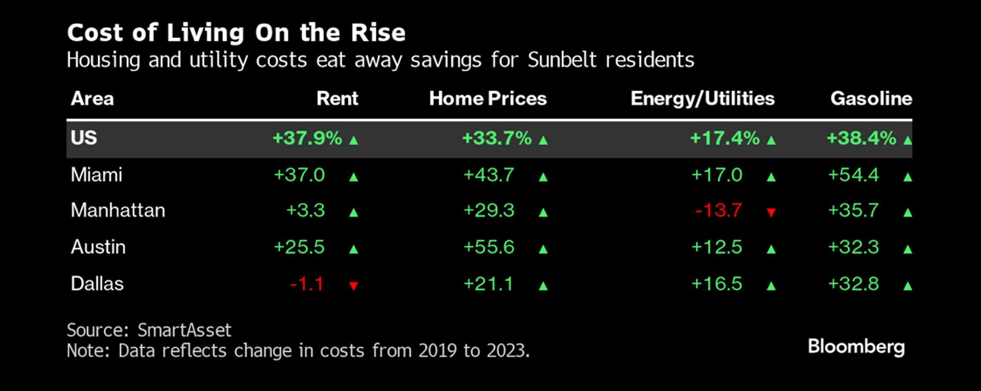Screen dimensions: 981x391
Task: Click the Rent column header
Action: [337, 99]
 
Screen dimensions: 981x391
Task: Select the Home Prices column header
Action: [488, 99]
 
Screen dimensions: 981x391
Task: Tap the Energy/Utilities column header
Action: [702, 99]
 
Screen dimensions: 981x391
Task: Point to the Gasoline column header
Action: [871, 99]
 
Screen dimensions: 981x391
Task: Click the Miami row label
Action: [96, 175]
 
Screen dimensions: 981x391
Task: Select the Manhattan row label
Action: [118, 210]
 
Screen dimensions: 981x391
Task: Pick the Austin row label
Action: [98, 247]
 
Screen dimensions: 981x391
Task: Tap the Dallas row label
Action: [97, 284]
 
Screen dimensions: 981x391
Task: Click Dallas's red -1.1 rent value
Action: [307, 284]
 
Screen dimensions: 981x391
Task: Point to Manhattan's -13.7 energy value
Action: [719, 211]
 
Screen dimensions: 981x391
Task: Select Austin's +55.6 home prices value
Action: [489, 247]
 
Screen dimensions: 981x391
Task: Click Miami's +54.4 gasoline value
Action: [854, 175]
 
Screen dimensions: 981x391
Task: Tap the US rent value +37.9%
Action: [307, 138]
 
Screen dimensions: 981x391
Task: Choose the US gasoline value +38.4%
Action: [861, 138]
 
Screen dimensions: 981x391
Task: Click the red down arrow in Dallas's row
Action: [354, 286]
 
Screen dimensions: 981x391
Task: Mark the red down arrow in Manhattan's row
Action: [771, 212]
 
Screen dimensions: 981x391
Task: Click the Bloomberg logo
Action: [856, 347]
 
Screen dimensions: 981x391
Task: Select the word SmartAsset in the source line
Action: [184, 330]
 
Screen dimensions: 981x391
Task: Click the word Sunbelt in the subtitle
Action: [562, 60]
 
